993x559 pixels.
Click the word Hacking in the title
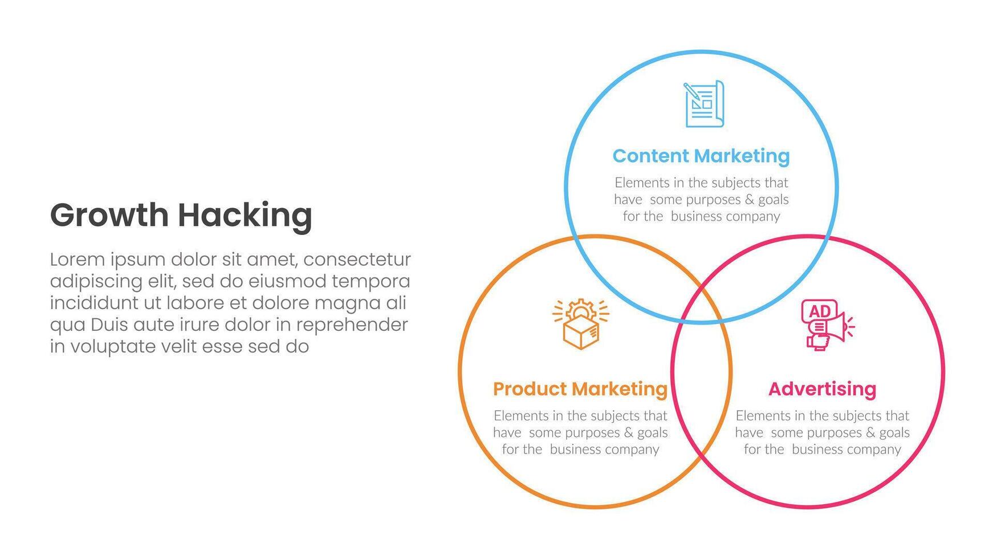[x=245, y=216]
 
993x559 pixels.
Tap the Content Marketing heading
[x=701, y=156]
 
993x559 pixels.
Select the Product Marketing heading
[x=580, y=389]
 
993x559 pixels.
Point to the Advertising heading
[x=822, y=389]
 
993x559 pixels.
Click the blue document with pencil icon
[x=704, y=103]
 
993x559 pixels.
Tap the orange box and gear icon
[x=581, y=323]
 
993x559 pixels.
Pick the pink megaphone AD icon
[x=827, y=325]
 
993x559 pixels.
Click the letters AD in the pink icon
[x=820, y=311]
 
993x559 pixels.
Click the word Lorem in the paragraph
[x=77, y=260]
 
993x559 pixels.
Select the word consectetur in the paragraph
[x=357, y=260]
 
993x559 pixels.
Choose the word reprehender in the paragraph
[x=352, y=325]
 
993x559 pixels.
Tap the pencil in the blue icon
[x=693, y=92]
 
